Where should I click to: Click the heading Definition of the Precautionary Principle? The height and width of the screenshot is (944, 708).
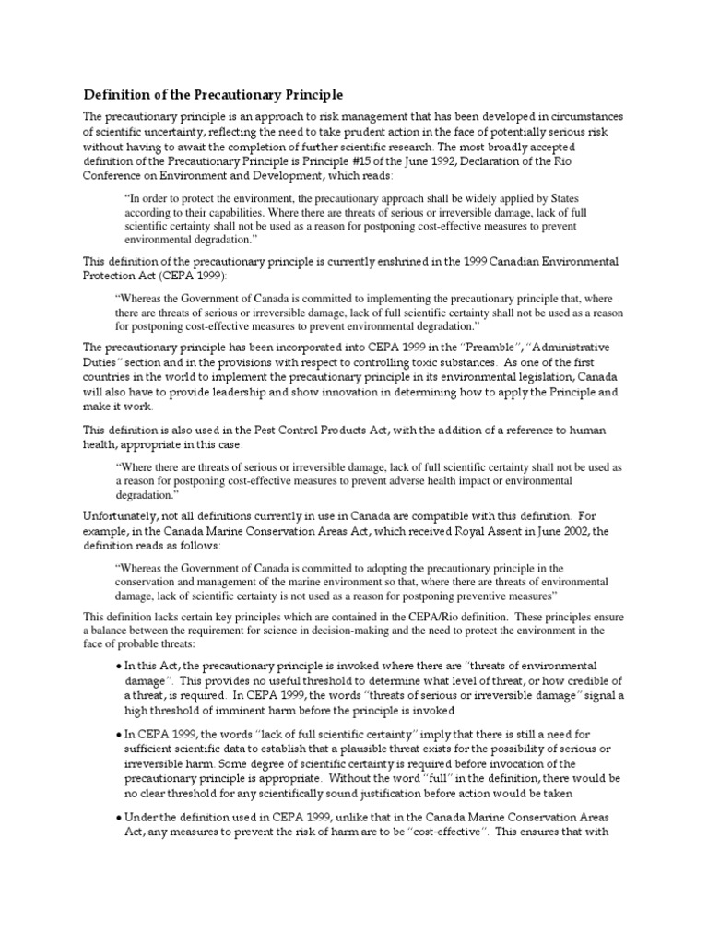(214, 94)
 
